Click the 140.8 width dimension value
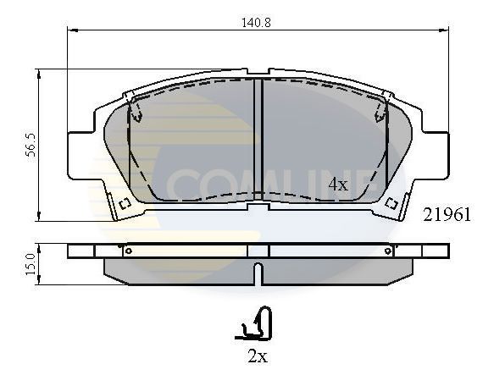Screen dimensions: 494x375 point(256,23)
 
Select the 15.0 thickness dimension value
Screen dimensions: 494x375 point(31,264)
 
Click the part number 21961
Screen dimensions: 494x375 point(447,215)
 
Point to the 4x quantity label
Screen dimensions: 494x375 point(338,185)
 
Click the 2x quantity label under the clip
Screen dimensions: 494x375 point(258,356)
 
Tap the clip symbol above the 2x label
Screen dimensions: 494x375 point(254,323)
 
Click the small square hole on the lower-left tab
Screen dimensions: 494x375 point(125,203)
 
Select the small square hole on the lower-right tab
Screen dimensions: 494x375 point(391,203)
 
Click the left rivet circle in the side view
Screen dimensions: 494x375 point(128,251)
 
